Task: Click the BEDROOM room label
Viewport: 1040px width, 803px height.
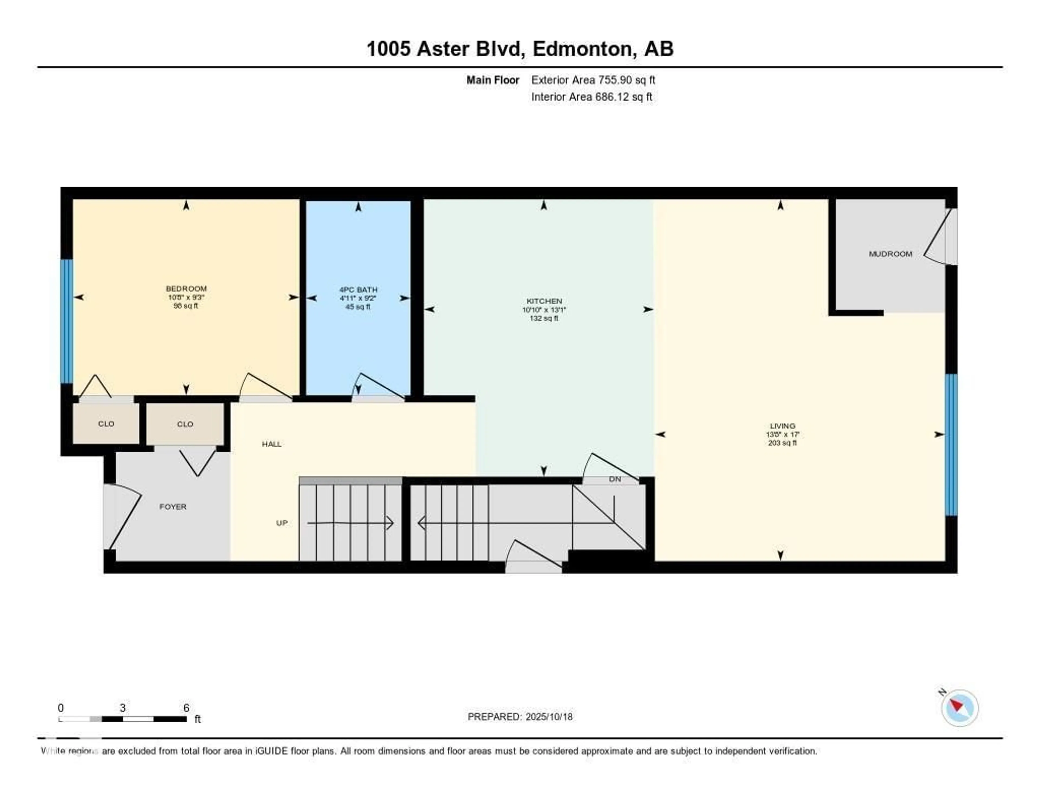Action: (x=186, y=288)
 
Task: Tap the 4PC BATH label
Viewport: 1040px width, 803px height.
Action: (x=358, y=289)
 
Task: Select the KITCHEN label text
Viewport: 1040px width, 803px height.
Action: (x=544, y=301)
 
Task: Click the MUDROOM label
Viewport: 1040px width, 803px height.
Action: (x=890, y=254)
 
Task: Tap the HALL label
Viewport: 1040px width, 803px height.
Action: (x=271, y=444)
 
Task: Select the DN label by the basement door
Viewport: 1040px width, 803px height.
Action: (x=615, y=479)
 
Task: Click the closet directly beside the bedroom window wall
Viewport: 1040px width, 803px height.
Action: (x=106, y=424)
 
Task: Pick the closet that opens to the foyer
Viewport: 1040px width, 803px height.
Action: (x=185, y=424)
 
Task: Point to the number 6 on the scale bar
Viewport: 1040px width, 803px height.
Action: (x=186, y=707)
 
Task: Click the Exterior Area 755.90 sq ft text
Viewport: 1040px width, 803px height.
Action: (x=593, y=80)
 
